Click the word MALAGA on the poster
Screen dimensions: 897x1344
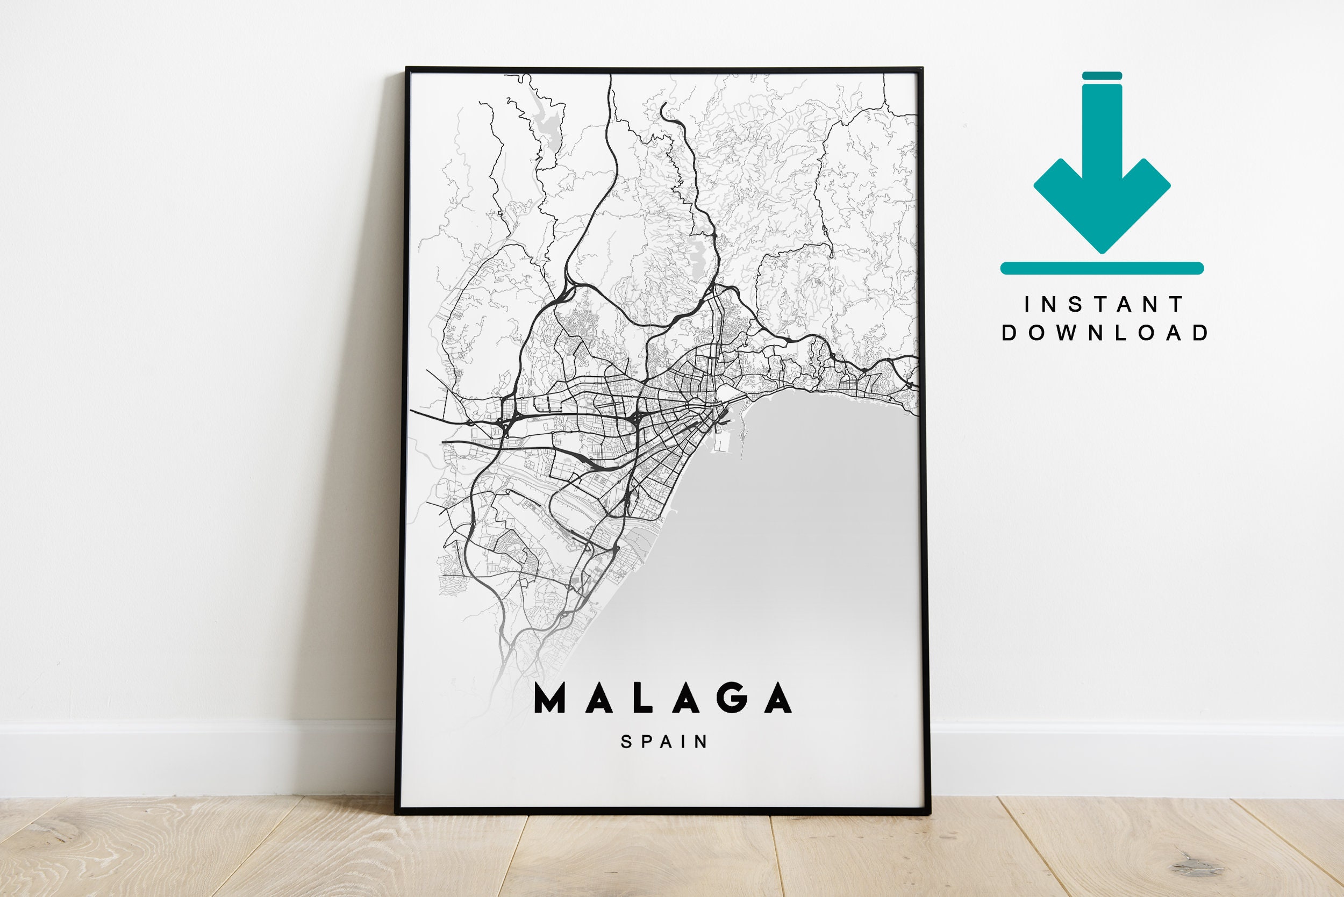(662, 699)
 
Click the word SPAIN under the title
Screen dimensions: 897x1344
(664, 742)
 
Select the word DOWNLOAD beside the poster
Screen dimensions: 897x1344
(1104, 333)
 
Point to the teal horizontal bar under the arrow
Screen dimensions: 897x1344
(1102, 268)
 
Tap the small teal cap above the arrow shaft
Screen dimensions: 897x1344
(1102, 76)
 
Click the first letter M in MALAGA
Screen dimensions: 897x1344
(550, 699)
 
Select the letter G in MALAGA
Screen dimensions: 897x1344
(733, 699)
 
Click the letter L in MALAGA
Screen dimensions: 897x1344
(642, 699)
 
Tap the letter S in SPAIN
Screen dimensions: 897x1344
(626, 742)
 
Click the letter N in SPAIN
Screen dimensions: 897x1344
(702, 742)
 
